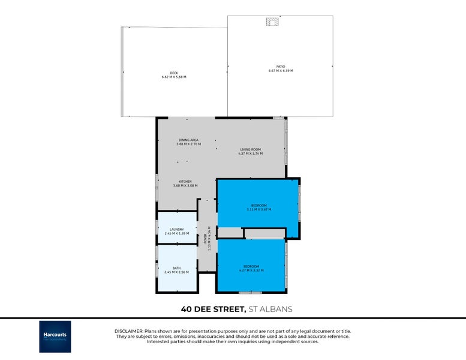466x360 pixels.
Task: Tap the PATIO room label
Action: click(x=281, y=67)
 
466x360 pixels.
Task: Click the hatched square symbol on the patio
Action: click(x=272, y=22)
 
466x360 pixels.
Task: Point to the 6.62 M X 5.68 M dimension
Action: click(x=174, y=77)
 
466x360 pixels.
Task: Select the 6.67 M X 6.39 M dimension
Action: click(x=281, y=71)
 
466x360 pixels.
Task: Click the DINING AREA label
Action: click(x=188, y=140)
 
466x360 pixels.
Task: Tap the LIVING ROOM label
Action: click(x=250, y=149)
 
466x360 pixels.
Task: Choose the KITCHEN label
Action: click(x=185, y=181)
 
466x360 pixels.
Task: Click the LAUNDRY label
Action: click(x=176, y=229)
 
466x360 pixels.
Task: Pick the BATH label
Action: click(x=176, y=268)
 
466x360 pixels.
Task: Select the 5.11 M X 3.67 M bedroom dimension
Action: click(x=258, y=209)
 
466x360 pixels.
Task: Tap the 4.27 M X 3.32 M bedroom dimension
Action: click(x=251, y=271)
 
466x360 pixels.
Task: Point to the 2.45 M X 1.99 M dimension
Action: click(x=176, y=233)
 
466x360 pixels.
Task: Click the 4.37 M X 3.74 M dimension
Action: click(x=250, y=154)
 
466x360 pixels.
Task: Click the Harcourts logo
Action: click(x=55, y=336)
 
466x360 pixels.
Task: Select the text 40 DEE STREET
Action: click(x=213, y=310)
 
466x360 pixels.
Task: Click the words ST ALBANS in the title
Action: click(x=270, y=310)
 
